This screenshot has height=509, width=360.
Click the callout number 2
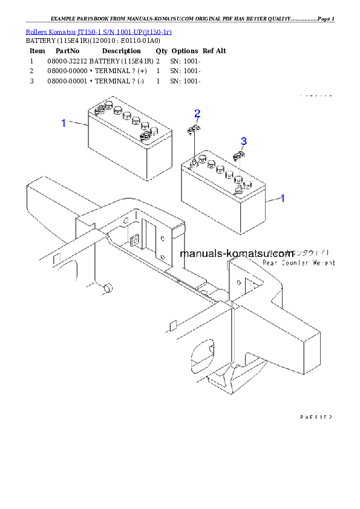click(197, 113)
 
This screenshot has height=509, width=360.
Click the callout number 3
click(243, 141)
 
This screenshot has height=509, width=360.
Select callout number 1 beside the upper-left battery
click(63, 123)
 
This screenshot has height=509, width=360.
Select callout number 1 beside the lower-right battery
click(283, 198)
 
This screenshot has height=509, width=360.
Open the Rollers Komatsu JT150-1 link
click(98, 31)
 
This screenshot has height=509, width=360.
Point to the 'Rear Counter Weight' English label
click(298, 263)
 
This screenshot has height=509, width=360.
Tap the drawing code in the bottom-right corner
click(316, 417)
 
